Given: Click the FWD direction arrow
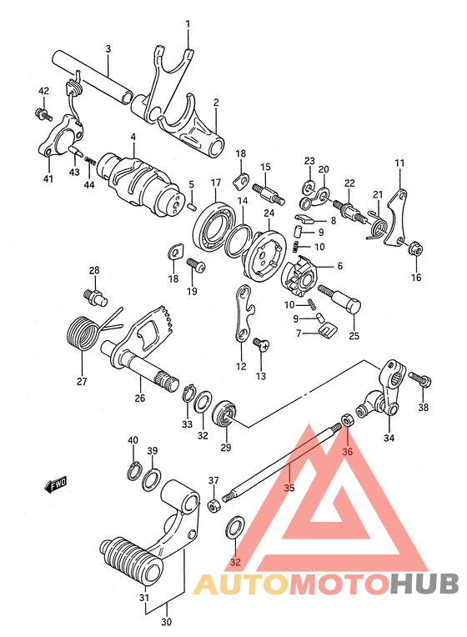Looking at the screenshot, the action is coord(56,484).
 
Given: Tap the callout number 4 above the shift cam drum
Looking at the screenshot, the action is coord(133,137).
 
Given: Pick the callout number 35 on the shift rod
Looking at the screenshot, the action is coord(289,488).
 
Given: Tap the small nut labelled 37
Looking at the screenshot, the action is coord(214,506).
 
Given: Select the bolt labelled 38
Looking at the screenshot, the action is coord(419,380).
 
